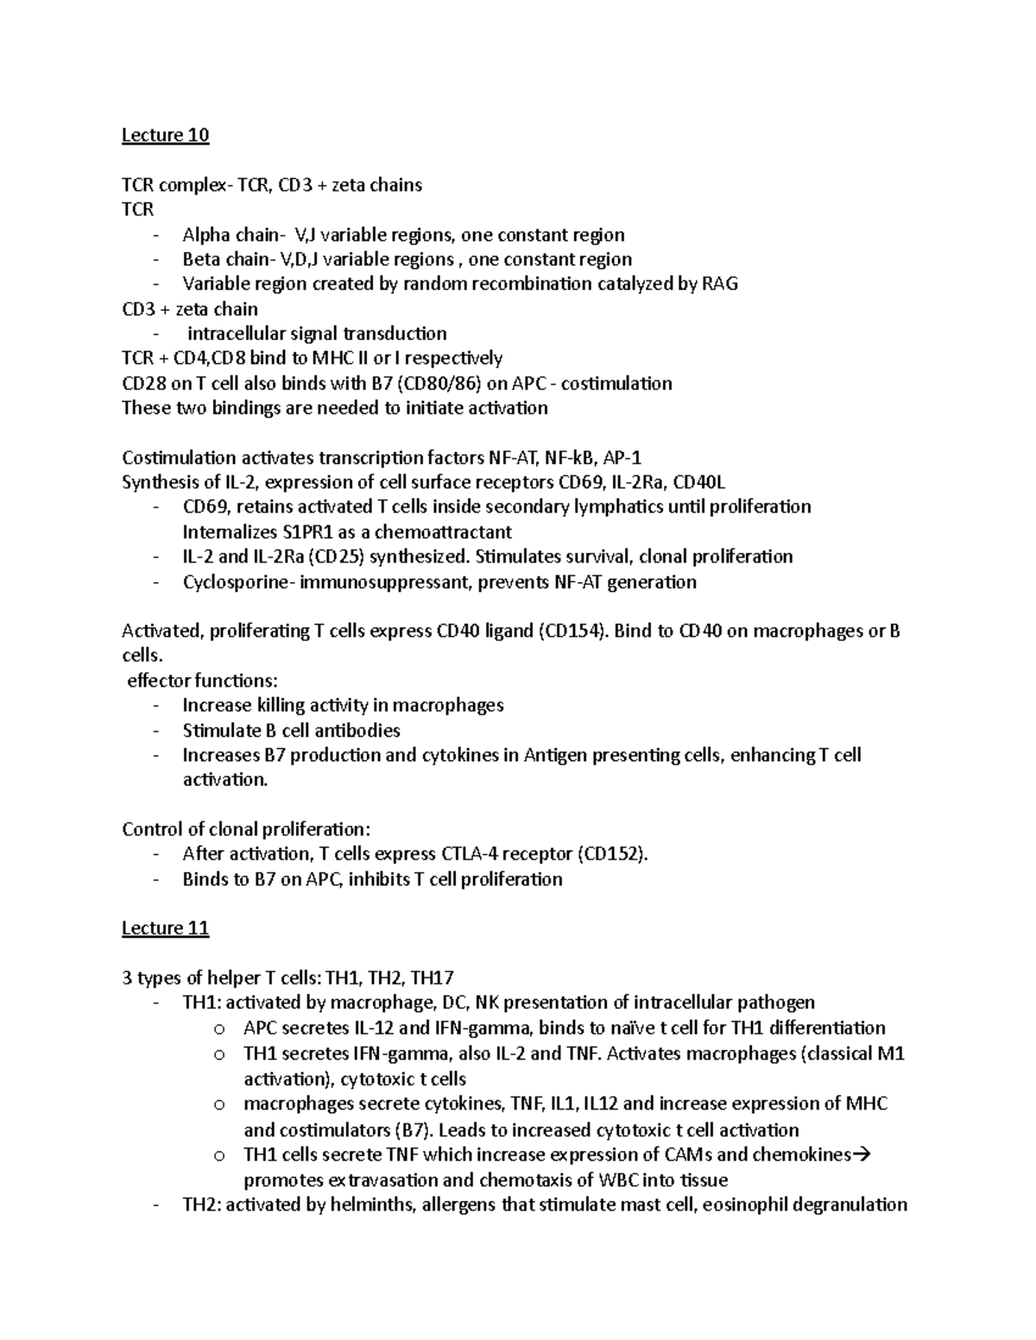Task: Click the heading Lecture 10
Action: click(x=165, y=135)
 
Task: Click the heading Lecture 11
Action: click(x=165, y=928)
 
